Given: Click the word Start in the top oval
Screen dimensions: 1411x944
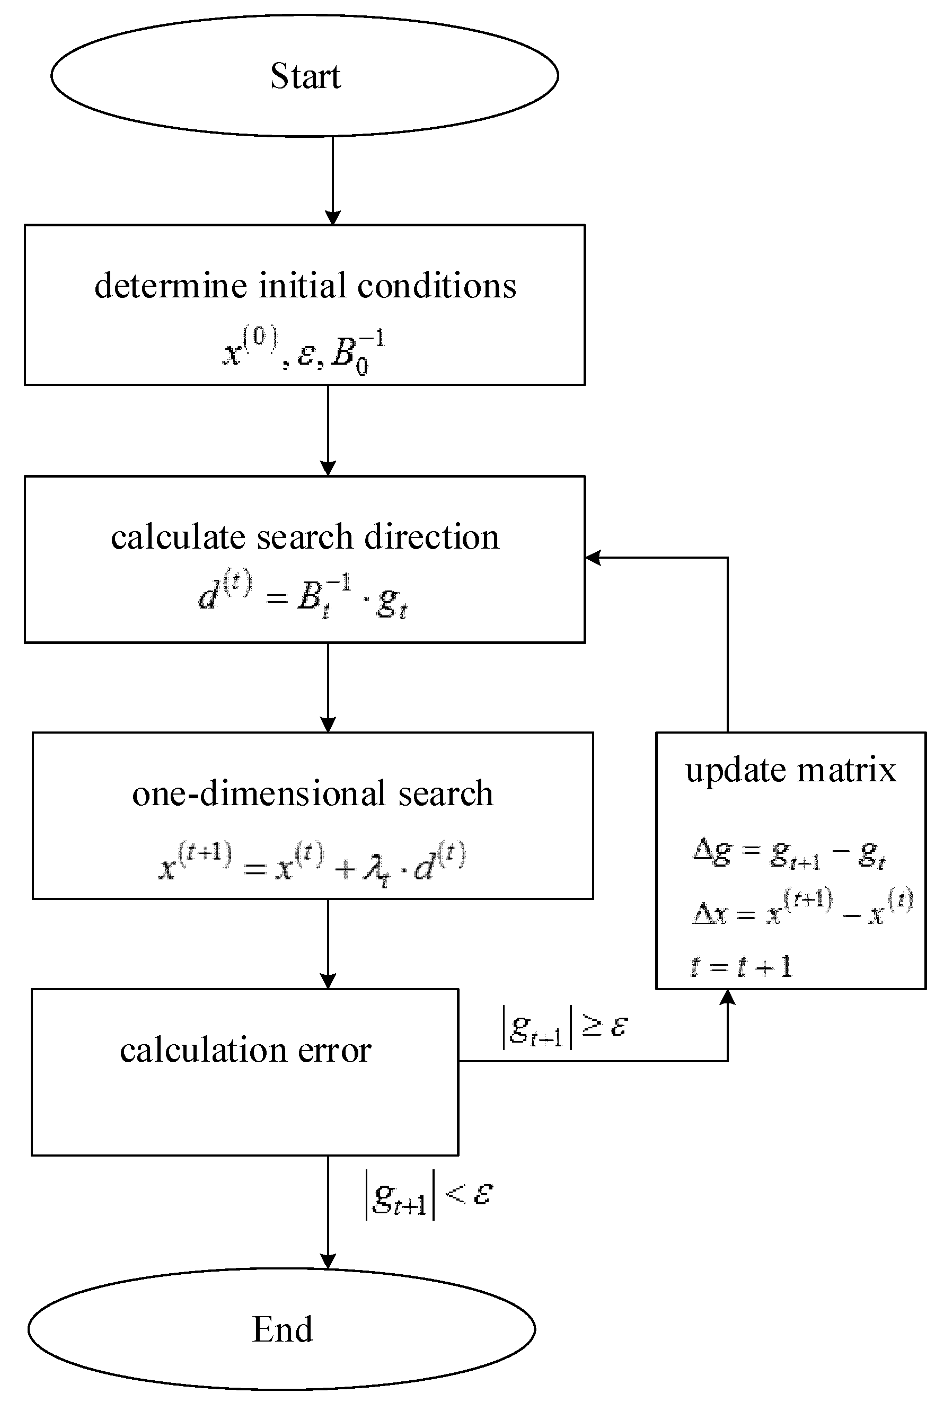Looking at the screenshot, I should tap(305, 76).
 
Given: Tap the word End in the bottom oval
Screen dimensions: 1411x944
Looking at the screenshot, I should tap(283, 1330).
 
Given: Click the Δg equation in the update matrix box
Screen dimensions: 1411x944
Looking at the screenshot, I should tap(789, 853).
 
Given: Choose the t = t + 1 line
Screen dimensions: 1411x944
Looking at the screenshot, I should tap(740, 966).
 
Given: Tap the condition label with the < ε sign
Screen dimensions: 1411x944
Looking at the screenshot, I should tap(429, 1194).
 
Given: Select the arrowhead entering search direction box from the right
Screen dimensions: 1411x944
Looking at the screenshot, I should tap(594, 558).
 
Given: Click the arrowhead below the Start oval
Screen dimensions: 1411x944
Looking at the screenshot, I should tap(333, 217).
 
